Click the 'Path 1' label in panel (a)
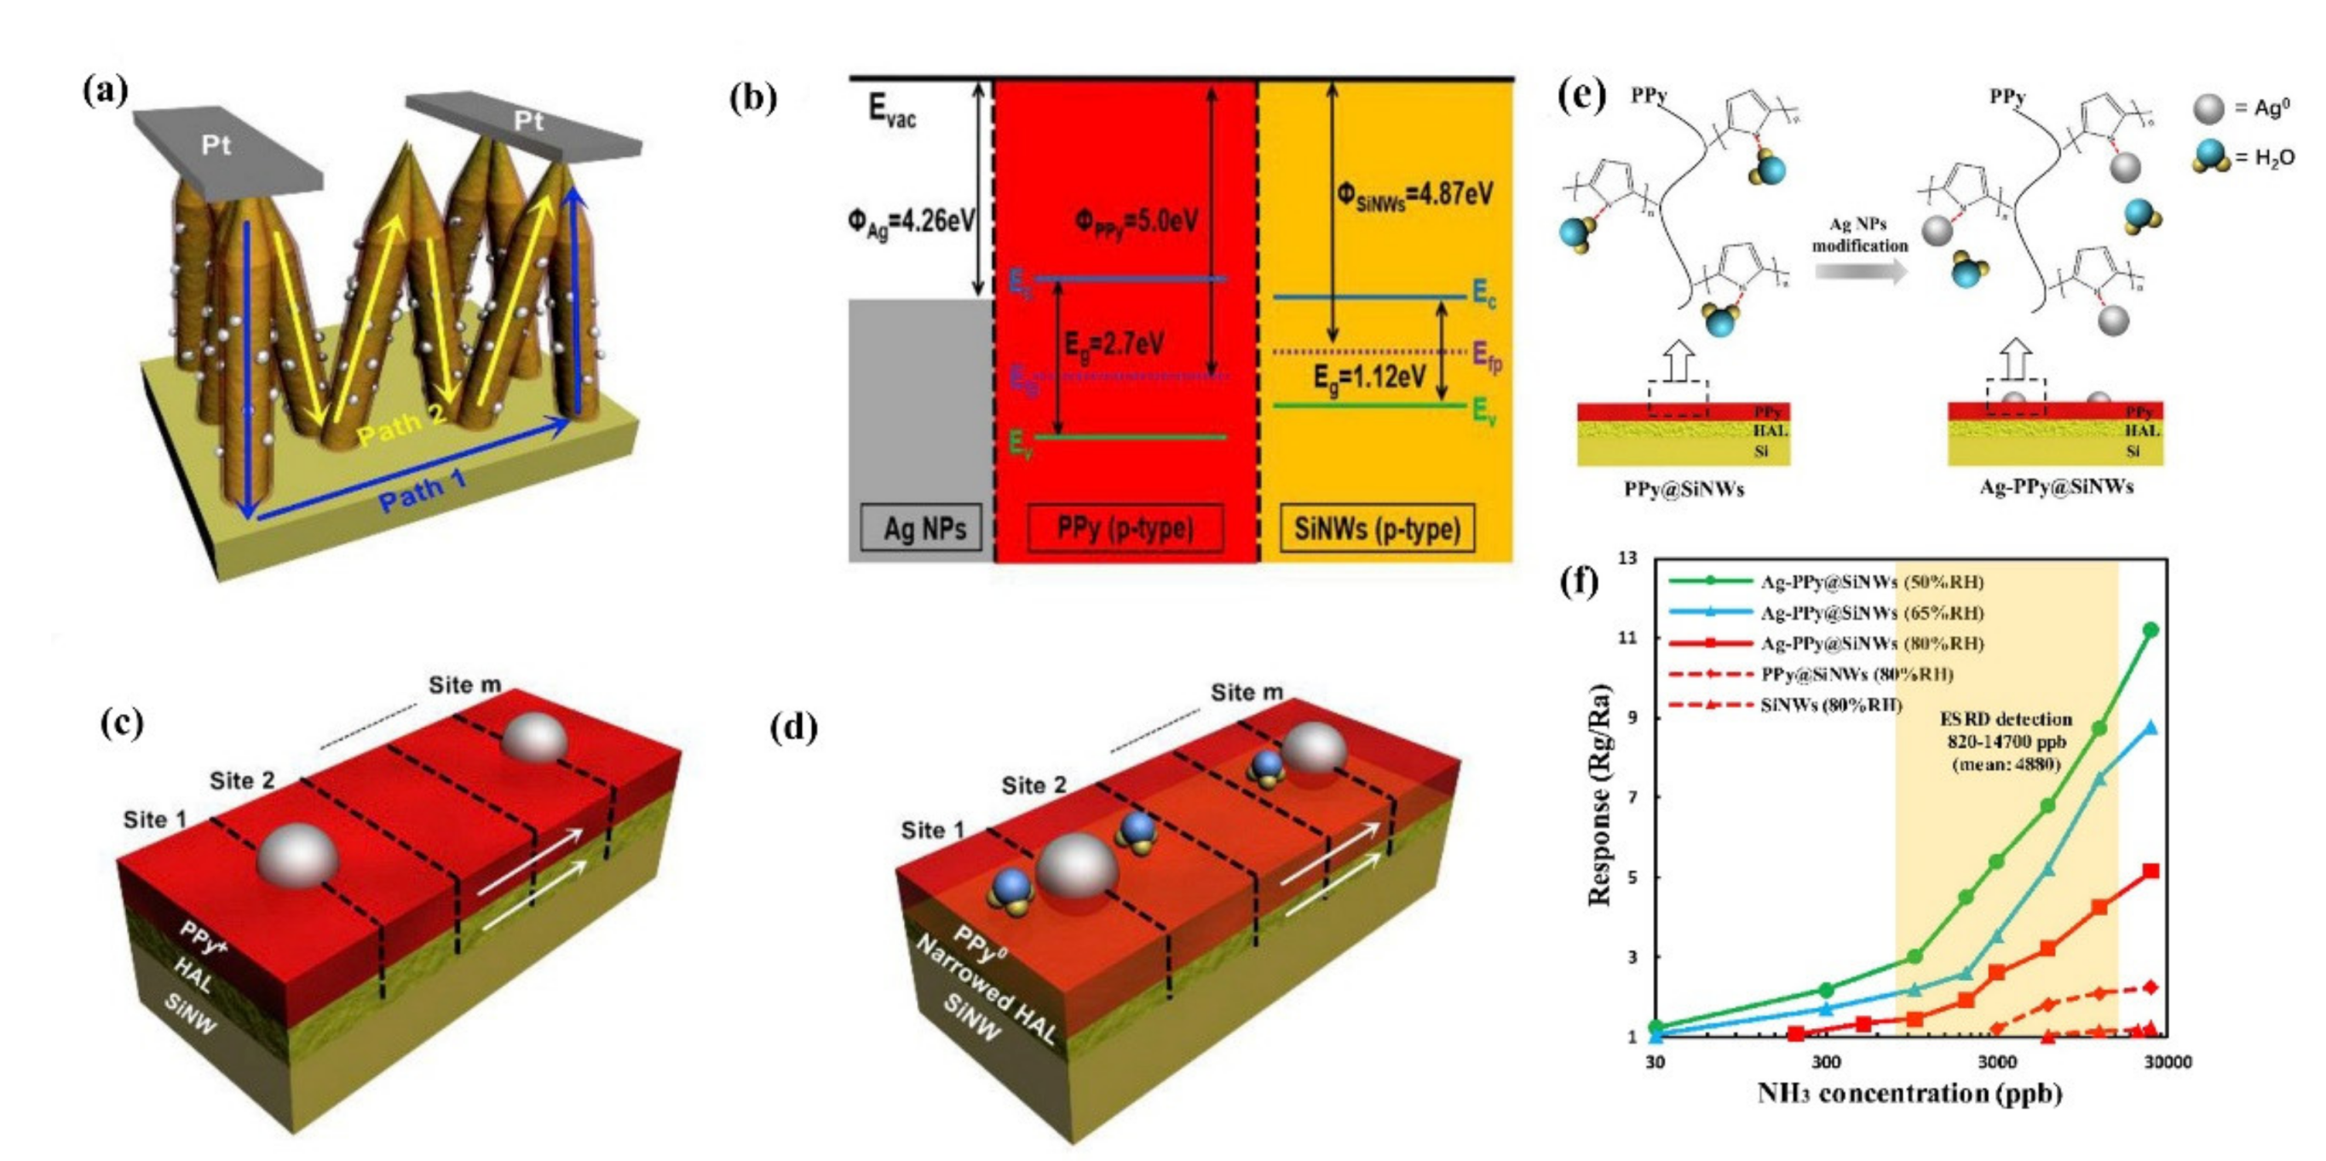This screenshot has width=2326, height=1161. click(x=422, y=491)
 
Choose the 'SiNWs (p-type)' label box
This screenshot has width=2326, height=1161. click(x=1376, y=528)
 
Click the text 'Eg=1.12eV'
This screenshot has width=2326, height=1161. click(x=1370, y=376)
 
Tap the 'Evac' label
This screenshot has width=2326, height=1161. click(x=891, y=111)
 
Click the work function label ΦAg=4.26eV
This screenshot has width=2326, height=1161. click(x=910, y=222)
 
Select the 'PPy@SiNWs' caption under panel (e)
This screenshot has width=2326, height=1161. click(x=1683, y=489)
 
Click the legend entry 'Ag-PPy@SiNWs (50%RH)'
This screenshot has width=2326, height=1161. click(x=1871, y=583)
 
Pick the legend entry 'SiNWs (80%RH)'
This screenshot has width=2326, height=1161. click(x=1830, y=705)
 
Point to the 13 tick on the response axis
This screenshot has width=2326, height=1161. click(x=1626, y=559)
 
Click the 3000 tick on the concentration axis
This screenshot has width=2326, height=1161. click(x=1996, y=1061)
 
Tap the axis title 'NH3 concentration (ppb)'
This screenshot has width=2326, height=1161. click(x=1909, y=1095)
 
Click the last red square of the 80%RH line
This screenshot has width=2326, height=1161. click(x=2150, y=871)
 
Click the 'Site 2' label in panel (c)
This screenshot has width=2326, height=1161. click(x=242, y=780)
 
